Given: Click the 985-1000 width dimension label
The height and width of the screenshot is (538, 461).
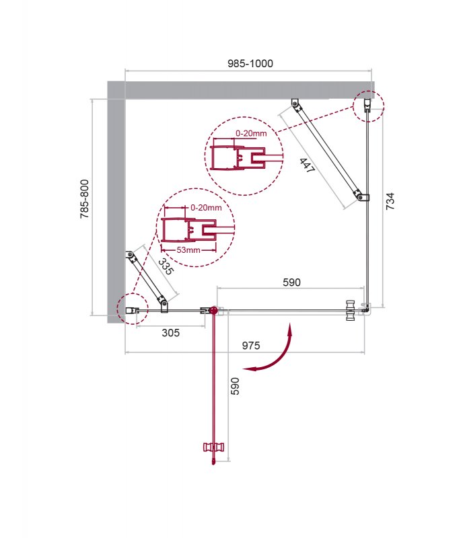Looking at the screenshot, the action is [250, 63].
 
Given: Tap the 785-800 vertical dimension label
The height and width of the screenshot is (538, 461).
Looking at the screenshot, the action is [84, 199].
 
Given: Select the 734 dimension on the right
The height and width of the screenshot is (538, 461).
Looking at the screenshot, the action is [390, 201].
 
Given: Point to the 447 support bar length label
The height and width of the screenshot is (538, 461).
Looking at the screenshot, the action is [307, 165].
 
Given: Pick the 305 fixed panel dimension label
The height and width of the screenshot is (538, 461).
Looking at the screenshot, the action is [170, 332].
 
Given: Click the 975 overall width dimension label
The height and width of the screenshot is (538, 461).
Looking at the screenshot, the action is [251, 346].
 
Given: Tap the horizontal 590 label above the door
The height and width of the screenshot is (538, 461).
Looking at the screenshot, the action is [291, 282].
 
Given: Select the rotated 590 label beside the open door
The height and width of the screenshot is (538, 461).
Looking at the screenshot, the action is [235, 386].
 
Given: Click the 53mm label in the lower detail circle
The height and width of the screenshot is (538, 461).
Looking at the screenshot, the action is [188, 249].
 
